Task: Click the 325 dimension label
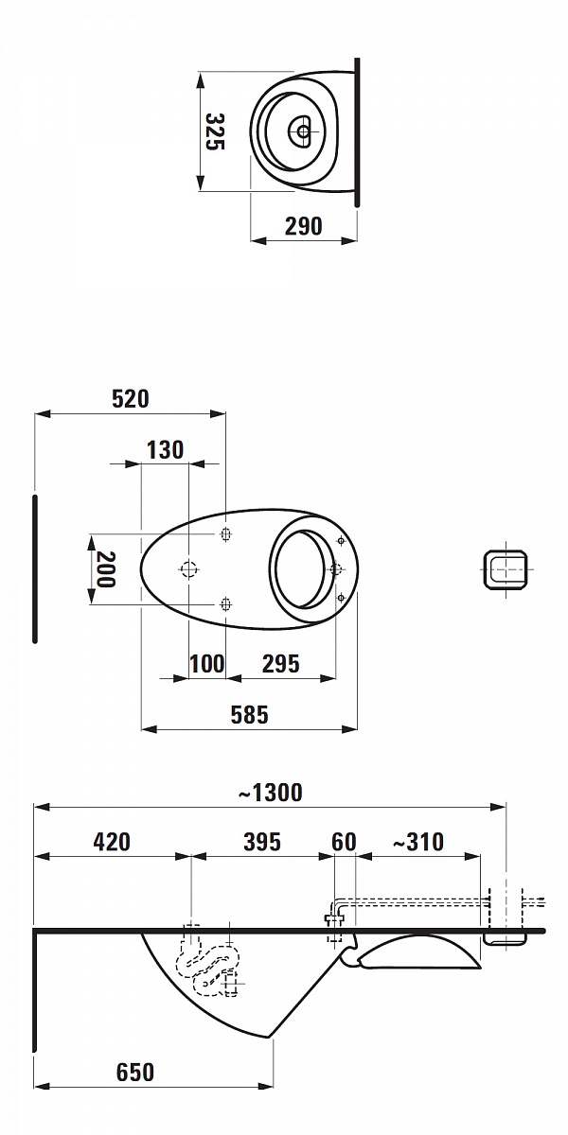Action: click(215, 131)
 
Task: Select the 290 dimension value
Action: click(303, 226)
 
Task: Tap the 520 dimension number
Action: click(131, 399)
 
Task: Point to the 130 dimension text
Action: click(165, 450)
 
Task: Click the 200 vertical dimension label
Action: click(105, 569)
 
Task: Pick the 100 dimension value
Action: click(207, 664)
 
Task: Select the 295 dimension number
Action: click(281, 664)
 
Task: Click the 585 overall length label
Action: click(249, 715)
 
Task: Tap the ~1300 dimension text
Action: click(271, 793)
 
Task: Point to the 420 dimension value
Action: click(112, 842)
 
